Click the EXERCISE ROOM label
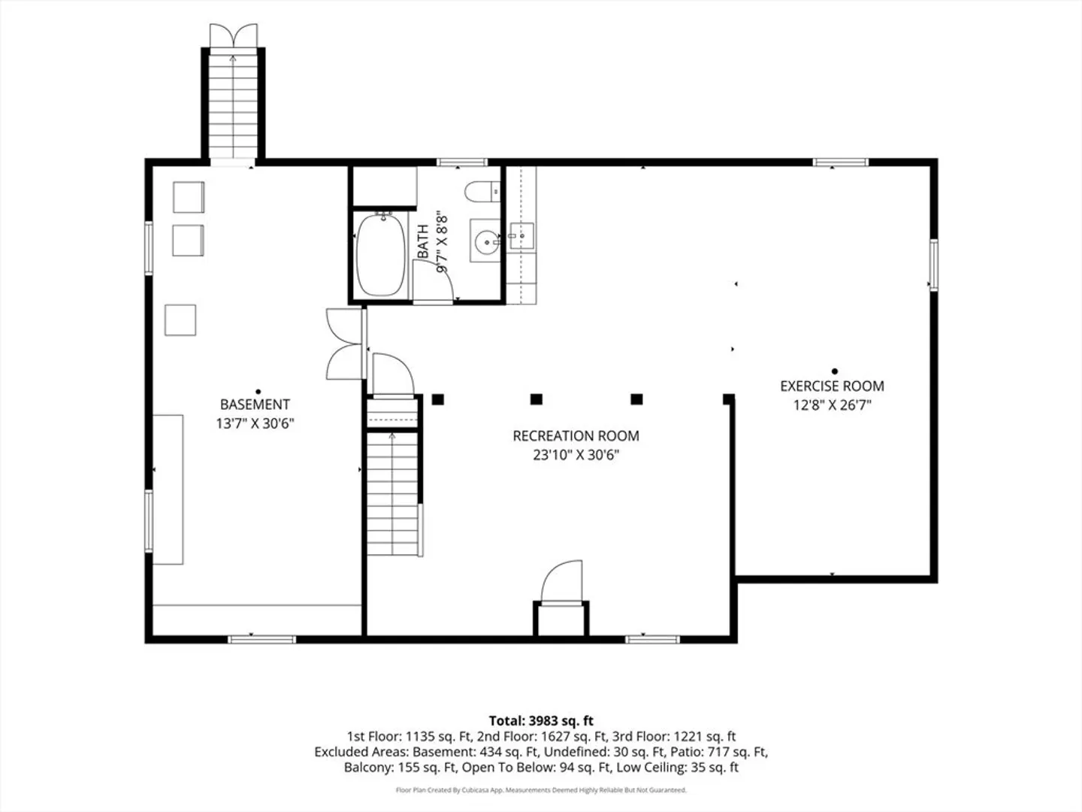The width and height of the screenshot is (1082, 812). tap(832, 386)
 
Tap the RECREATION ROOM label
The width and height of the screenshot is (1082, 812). tap(576, 436)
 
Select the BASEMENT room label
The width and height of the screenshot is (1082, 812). tap(255, 404)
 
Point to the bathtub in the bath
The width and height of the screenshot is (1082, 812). tap(380, 254)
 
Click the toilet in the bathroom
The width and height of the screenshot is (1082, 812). tap(483, 191)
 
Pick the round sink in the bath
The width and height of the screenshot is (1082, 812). tap(487, 242)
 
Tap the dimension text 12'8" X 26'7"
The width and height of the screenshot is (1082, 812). tap(832, 405)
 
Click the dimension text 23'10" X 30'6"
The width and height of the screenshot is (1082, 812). tap(576, 455)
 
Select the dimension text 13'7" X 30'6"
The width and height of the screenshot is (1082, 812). tap(255, 423)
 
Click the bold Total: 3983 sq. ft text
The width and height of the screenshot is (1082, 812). tap(541, 721)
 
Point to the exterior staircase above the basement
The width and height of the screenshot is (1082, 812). tap(233, 107)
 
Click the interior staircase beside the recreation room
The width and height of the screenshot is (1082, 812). tap(392, 493)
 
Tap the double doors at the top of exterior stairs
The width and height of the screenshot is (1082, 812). tap(233, 35)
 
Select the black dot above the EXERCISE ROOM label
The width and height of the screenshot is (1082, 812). tap(835, 371)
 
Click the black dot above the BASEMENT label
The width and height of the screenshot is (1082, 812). tap(258, 392)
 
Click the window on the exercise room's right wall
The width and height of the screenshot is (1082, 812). tap(933, 265)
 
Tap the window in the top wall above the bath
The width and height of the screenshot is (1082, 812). tap(462, 162)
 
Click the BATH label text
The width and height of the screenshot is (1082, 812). tap(423, 241)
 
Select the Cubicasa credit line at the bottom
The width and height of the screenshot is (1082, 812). tap(541, 789)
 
